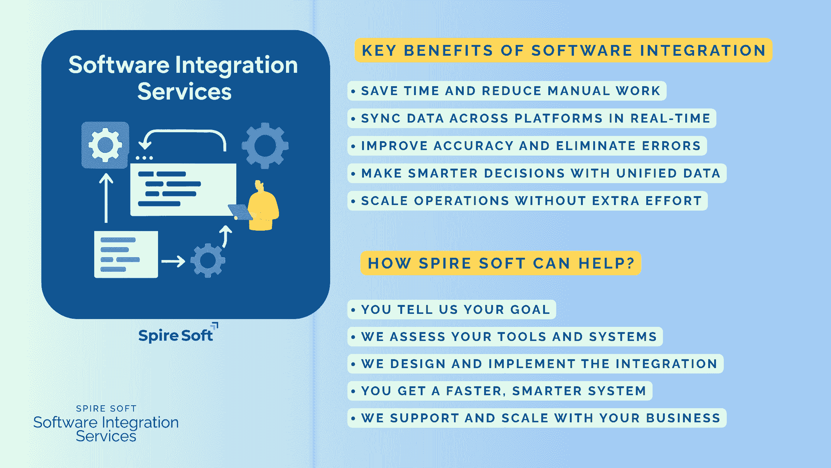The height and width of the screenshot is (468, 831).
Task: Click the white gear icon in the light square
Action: (105, 145)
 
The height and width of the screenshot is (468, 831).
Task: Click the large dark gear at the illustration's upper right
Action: (265, 145)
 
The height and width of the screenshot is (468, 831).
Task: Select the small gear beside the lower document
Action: (208, 261)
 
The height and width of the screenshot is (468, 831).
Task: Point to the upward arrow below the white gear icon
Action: (106, 198)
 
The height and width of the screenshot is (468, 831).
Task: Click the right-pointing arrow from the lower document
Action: (173, 261)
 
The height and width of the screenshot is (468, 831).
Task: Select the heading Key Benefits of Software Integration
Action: (564, 51)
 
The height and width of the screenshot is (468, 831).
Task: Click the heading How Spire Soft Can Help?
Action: (501, 263)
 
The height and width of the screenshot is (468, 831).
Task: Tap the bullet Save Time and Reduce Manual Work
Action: (507, 91)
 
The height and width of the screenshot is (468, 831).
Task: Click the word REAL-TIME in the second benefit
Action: (670, 118)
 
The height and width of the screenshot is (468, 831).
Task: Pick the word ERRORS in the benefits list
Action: (671, 146)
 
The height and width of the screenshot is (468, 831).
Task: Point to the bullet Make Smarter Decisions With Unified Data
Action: (537, 173)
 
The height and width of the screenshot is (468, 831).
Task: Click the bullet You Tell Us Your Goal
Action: (451, 310)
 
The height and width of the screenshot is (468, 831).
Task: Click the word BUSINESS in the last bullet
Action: (683, 418)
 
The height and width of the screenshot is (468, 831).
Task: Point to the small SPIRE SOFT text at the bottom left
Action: (106, 409)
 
